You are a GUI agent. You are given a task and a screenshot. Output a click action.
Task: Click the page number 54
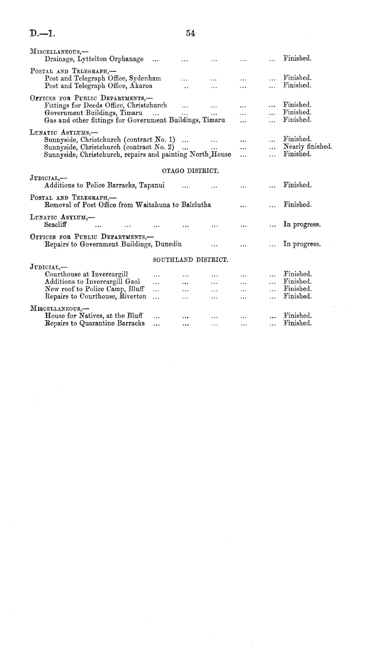[x=191, y=33]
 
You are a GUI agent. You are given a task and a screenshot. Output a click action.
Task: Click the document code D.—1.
[x=42, y=33]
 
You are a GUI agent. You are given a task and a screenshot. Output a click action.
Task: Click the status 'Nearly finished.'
[x=307, y=147]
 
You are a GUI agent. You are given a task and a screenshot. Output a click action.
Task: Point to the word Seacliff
[x=56, y=224]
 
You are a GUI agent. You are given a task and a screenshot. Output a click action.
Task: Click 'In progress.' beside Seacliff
[x=302, y=225]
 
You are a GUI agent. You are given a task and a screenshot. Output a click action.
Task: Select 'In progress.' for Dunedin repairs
[x=302, y=244]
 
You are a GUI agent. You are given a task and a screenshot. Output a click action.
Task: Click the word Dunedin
[x=168, y=244]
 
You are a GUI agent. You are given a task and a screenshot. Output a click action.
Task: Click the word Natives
[x=91, y=316]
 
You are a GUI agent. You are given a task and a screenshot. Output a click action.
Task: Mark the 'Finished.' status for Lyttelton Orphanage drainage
[x=297, y=59]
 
